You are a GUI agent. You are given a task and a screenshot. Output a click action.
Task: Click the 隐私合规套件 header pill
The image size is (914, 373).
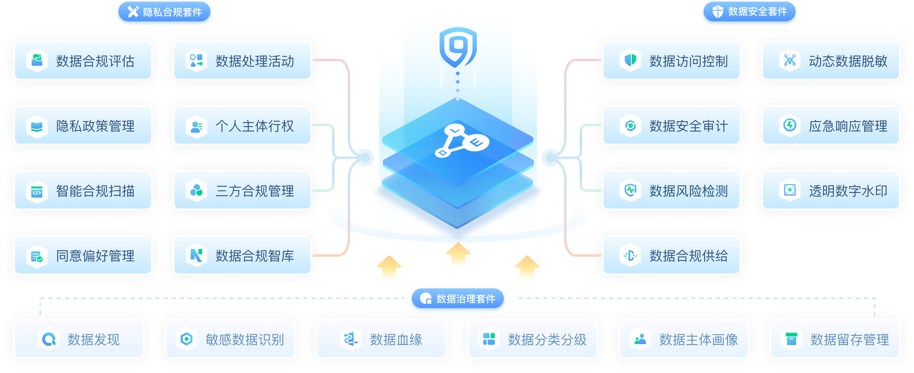[x=164, y=12]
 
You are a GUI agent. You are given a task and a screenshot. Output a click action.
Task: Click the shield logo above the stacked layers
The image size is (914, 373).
[x=458, y=47]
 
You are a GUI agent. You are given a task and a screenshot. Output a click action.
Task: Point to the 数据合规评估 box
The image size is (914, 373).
[x=83, y=61]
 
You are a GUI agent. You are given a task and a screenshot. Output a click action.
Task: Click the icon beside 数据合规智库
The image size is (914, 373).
[x=196, y=255]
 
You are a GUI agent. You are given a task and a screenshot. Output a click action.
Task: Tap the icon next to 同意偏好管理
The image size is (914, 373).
[x=37, y=256]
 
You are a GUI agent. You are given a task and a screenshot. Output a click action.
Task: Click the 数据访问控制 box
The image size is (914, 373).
[x=671, y=61]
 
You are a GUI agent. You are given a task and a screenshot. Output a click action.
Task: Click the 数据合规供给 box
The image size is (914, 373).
[x=671, y=255]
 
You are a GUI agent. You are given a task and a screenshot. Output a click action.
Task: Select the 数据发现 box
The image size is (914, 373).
[x=79, y=339]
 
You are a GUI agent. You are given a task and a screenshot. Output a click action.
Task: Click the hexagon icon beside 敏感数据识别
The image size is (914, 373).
[x=187, y=339]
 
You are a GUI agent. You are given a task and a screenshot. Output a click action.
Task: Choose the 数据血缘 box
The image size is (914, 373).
[x=381, y=339]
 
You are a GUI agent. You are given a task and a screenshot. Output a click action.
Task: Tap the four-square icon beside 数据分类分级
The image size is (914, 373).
[x=489, y=339]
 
